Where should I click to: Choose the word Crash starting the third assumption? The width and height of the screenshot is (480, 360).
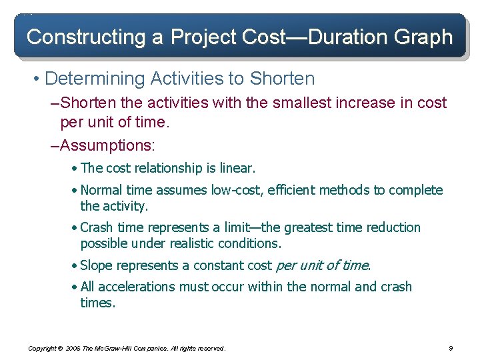[x=97, y=227]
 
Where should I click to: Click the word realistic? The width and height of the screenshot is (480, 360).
[x=202, y=243]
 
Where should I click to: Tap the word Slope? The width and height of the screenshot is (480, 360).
[x=96, y=265]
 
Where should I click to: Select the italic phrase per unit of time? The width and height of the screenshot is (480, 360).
[x=322, y=265]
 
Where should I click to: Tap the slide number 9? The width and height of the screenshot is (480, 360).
[x=451, y=348]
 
